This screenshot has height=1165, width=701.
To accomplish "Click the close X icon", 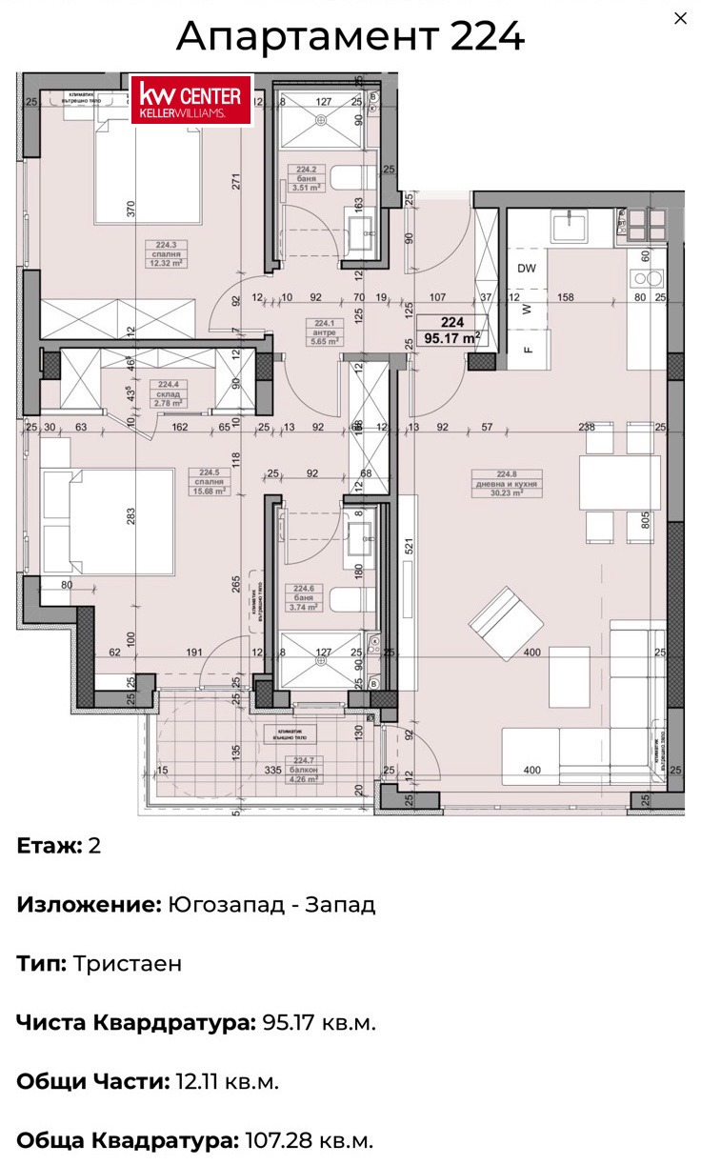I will pos(680,19).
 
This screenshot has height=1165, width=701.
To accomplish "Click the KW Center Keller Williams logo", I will pos(191,100).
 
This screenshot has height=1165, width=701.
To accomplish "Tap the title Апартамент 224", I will pos(350,37).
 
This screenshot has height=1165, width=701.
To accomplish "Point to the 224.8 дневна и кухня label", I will pos(516,483).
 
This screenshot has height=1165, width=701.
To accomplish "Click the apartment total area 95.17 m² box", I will pos(452,330).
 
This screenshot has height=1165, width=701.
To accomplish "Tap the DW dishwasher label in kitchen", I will pos(527,269).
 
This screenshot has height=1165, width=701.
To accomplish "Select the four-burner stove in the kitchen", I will pos(645,225).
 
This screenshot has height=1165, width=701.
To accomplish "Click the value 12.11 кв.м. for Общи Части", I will pos(226,1081).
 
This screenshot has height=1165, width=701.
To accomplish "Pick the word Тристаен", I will pos(127,963).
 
